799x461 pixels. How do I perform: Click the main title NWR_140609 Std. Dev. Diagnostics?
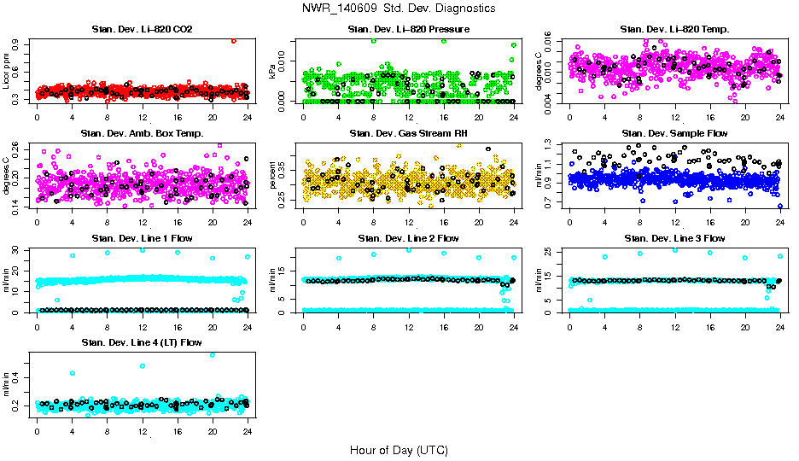click(399, 8)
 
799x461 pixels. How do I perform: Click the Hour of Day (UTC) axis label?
click(399, 450)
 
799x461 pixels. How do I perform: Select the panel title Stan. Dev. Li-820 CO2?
click(142, 30)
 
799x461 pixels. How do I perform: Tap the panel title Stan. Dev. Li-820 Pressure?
click(409, 30)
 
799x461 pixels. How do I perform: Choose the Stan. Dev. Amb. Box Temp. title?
click(142, 133)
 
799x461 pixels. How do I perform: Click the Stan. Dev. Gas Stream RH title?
click(409, 133)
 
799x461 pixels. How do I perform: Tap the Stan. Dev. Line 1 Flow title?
click(142, 238)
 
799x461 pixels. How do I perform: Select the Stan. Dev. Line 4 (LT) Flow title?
click(142, 342)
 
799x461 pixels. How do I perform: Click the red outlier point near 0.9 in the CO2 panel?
click(234, 40)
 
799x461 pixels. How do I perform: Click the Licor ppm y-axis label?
click(8, 71)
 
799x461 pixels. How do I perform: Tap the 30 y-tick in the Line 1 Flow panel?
click(20, 249)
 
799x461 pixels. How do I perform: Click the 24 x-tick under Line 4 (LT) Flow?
click(248, 432)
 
